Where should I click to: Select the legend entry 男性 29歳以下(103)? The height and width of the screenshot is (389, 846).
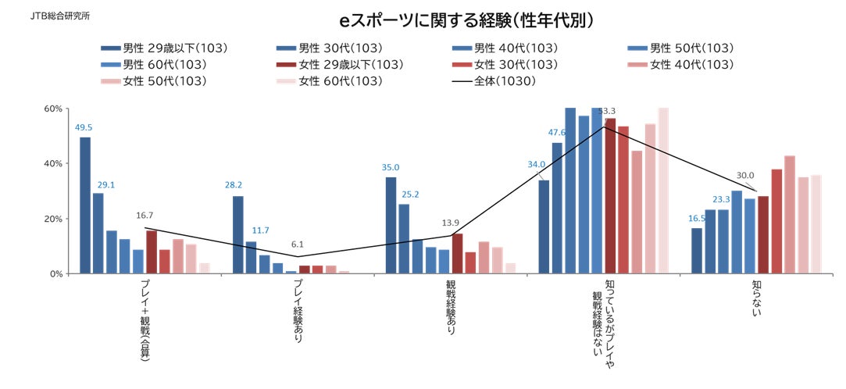click(164, 48)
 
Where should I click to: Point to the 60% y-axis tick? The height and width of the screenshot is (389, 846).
click(52, 109)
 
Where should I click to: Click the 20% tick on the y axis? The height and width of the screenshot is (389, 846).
click(52, 219)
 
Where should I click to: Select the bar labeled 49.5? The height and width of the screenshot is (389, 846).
click(84, 205)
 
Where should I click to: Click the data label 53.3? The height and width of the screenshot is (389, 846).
click(607, 111)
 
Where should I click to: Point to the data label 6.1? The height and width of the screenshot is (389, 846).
click(297, 244)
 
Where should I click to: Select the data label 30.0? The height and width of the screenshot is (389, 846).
click(746, 176)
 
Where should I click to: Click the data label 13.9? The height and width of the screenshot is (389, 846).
click(450, 223)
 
